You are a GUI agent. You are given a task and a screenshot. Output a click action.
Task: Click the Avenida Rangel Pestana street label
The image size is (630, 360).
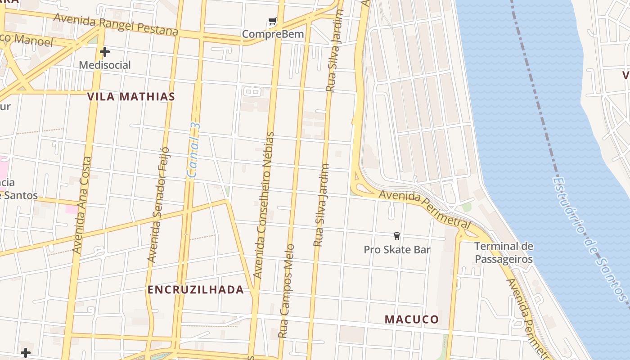(116, 25)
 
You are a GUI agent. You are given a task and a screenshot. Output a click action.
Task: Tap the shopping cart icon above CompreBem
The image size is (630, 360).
(272, 21)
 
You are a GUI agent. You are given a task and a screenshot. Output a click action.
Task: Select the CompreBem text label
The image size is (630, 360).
(273, 34)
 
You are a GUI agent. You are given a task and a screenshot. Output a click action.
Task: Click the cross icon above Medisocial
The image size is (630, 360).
(105, 52)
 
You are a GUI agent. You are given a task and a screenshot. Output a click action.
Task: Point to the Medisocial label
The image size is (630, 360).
(105, 65)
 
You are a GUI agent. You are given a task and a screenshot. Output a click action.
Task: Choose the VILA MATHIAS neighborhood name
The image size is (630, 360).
(131, 96)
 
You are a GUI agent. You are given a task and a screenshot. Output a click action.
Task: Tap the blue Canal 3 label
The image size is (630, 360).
(193, 150)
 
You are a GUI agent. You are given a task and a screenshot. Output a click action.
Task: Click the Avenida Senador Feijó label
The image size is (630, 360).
(158, 205)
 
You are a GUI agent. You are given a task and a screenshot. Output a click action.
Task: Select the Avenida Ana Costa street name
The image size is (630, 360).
(82, 205)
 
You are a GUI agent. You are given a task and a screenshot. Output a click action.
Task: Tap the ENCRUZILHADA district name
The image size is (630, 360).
(196, 290)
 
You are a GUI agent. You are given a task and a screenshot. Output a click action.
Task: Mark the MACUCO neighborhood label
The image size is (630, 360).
(411, 319)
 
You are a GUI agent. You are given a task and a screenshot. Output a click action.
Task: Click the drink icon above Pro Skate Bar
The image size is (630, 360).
(396, 236)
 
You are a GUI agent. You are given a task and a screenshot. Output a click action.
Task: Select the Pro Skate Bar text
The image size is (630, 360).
(397, 249)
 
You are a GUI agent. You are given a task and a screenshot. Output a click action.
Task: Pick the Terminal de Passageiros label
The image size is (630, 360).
(504, 253)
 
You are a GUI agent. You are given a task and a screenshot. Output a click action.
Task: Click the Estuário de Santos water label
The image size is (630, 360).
(589, 238)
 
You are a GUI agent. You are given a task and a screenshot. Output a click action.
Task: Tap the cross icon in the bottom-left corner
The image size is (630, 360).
(26, 352)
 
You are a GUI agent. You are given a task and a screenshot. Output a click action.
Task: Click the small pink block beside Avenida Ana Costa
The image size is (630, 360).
(71, 209)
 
